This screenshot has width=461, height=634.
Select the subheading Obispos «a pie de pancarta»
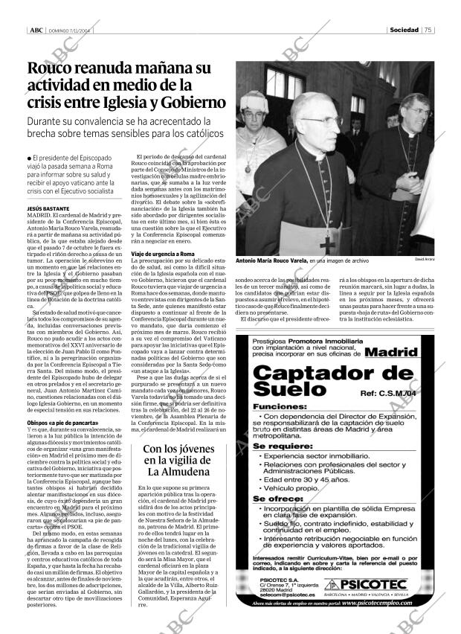coord(62,422)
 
